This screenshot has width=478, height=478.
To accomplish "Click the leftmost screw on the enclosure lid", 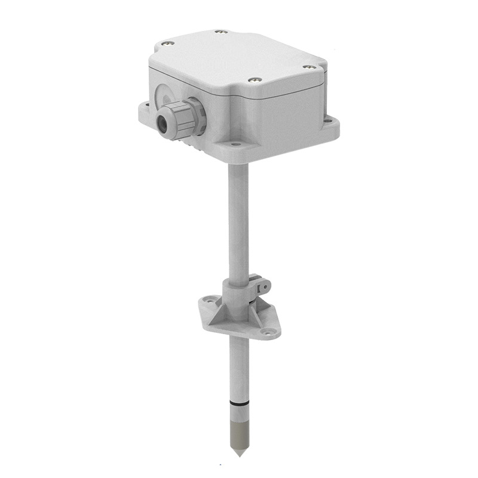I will pyautogui.click(x=167, y=43).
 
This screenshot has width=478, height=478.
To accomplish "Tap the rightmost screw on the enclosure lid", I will pyautogui.click(x=308, y=67).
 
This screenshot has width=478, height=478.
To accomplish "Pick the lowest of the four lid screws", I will pyautogui.click(x=255, y=79).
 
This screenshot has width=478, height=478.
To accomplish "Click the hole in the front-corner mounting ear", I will pyautogui.click(x=237, y=144).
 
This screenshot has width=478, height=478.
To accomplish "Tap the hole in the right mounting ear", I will pyautogui.click(x=327, y=121).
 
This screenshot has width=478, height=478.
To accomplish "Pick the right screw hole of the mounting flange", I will pyautogui.click(x=269, y=332).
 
